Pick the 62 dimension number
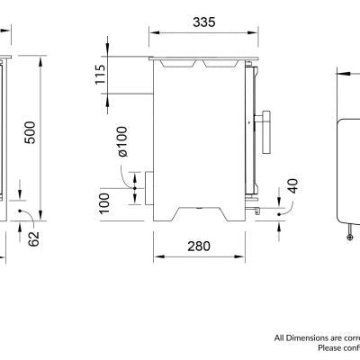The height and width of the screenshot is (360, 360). pyautogui.click(x=34, y=238)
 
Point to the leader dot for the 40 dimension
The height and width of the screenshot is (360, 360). pyautogui.click(x=279, y=214)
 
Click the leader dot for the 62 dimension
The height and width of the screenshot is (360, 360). pyautogui.click(x=21, y=214)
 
